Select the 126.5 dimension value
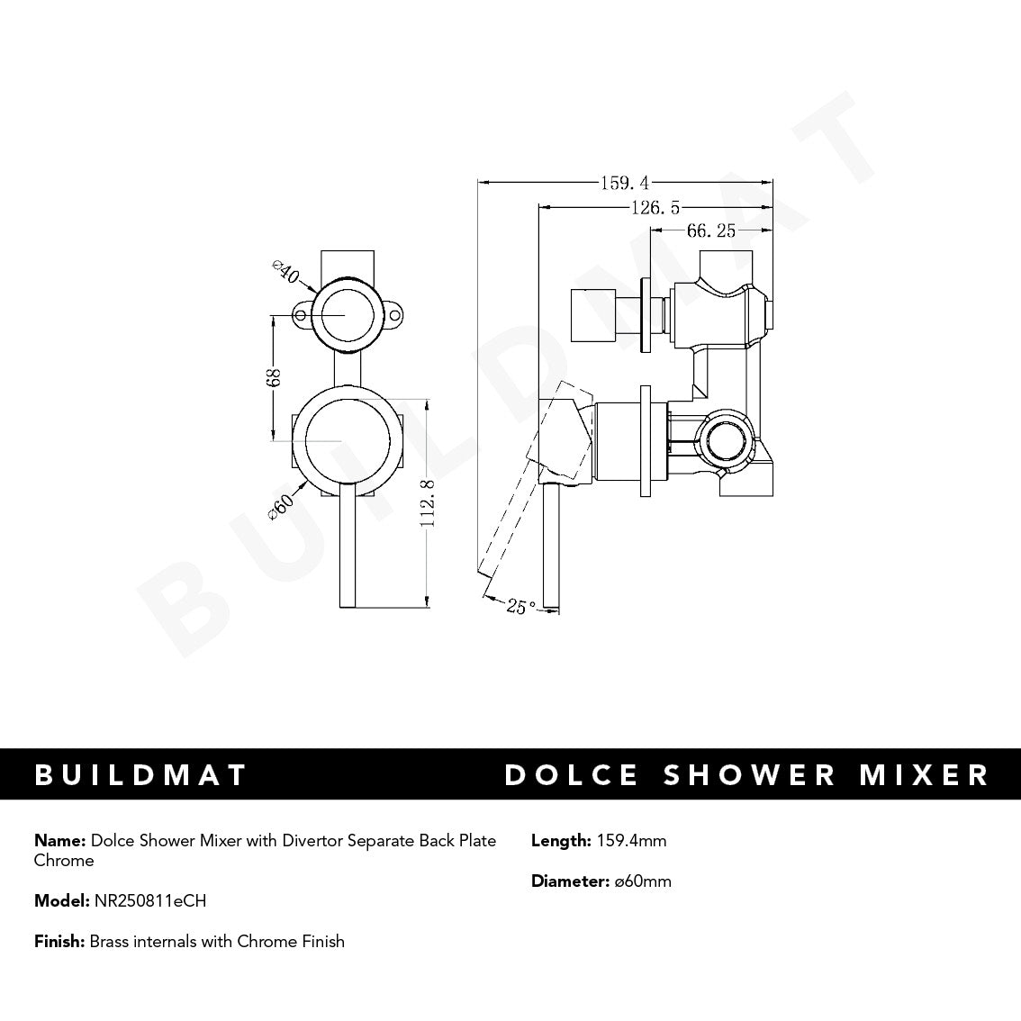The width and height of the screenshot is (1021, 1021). tap(655, 208)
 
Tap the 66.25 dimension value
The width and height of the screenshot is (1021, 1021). tap(711, 231)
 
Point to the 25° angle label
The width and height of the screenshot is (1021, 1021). tap(521, 606)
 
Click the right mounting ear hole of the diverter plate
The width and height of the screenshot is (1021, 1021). tap(393, 316)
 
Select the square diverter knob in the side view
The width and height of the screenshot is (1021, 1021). tap(594, 316)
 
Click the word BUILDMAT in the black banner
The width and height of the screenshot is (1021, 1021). tap(140, 774)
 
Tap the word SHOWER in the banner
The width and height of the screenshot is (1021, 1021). tap(736, 774)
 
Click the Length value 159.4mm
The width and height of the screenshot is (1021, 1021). tap(631, 841)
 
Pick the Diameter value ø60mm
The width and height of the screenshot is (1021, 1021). tap(643, 881)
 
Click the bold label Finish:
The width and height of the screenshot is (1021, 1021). tap(59, 942)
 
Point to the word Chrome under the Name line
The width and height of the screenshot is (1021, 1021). tap(64, 861)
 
